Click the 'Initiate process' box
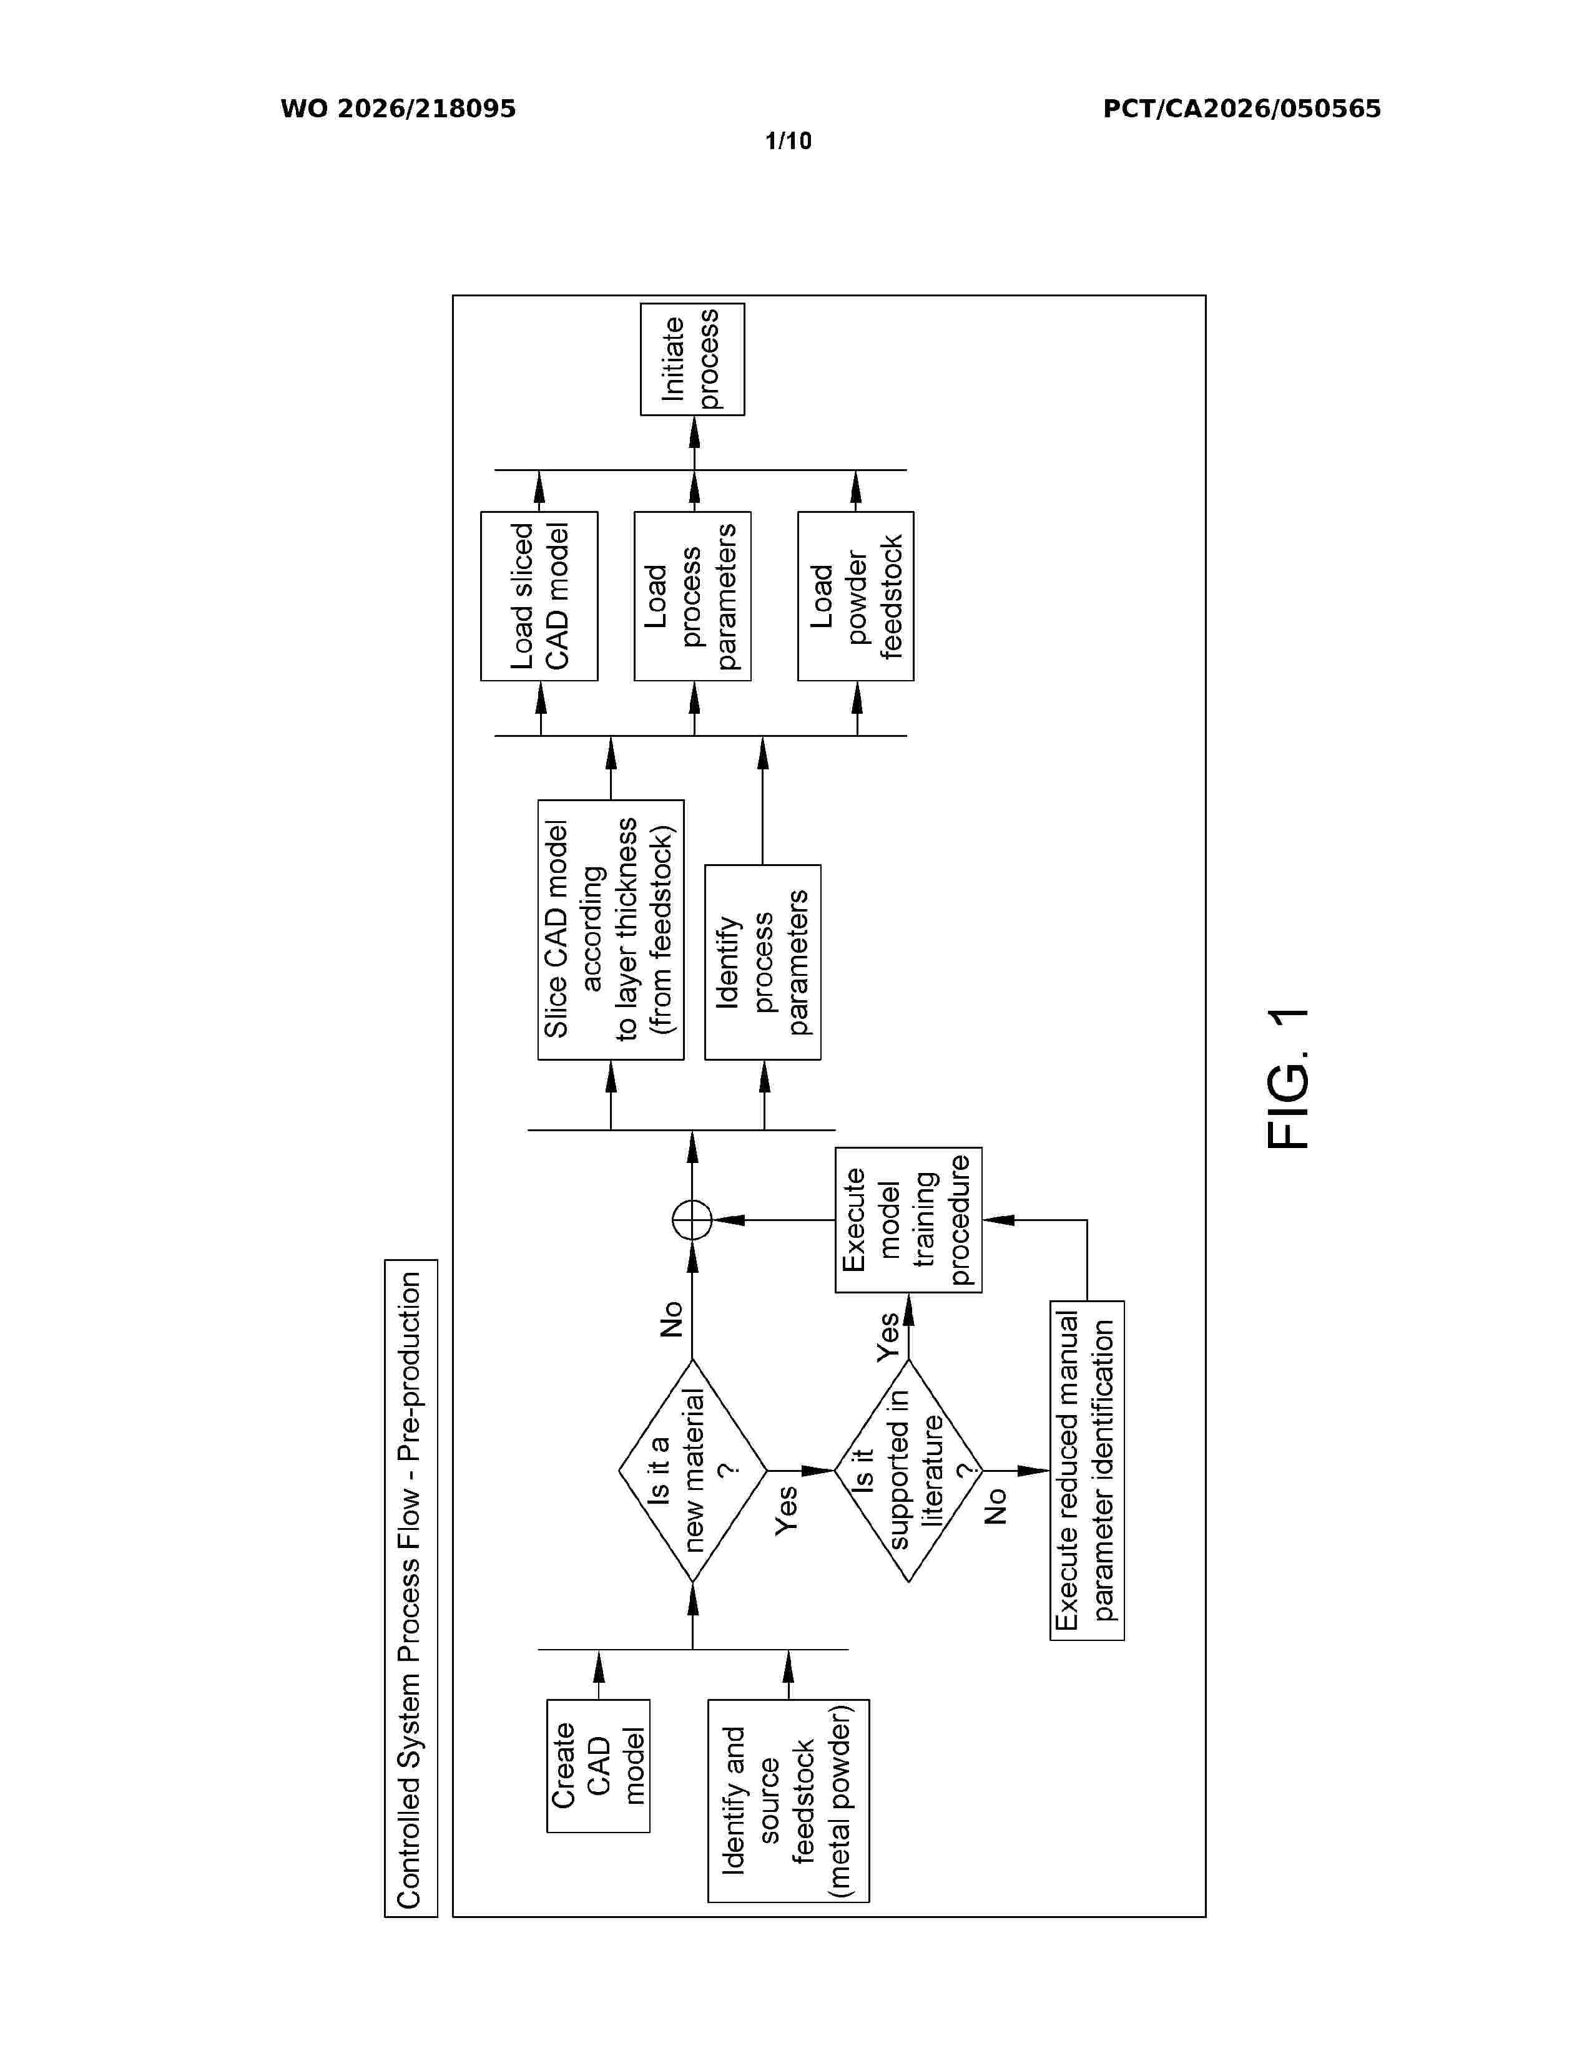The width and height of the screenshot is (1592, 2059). click(692, 359)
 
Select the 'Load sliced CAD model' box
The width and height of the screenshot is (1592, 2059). click(539, 596)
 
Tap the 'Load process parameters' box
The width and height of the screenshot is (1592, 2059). click(692, 596)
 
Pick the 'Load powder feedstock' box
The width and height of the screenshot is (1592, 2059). click(855, 596)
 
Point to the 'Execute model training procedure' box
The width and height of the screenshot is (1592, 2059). click(908, 1220)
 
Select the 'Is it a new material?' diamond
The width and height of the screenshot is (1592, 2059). click(692, 1470)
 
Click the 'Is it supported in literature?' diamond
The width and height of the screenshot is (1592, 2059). click(908, 1470)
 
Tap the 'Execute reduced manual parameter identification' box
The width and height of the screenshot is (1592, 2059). click(1086, 1470)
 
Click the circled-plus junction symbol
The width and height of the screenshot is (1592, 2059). click(692, 1220)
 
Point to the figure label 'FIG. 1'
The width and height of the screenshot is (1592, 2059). click(1289, 1079)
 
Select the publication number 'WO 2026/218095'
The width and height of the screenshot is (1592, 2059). click(398, 109)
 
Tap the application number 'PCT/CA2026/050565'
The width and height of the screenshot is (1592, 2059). click(1242, 109)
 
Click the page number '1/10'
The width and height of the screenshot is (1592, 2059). click(789, 142)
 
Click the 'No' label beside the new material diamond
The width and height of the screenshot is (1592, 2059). click(671, 1319)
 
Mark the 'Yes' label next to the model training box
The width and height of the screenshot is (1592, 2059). click(888, 1337)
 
